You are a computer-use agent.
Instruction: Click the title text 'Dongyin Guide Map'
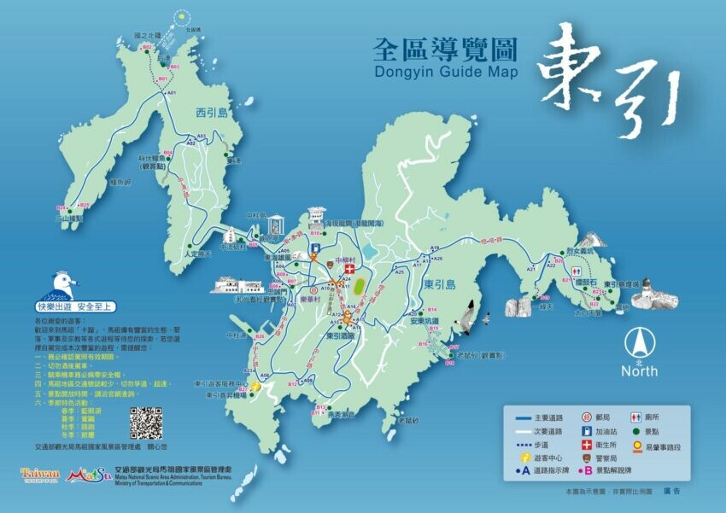446,72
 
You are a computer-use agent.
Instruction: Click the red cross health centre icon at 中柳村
348,268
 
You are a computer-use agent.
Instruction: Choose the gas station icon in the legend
587,432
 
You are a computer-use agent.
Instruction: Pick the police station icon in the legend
587,460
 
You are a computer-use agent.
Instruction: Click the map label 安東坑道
423,322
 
